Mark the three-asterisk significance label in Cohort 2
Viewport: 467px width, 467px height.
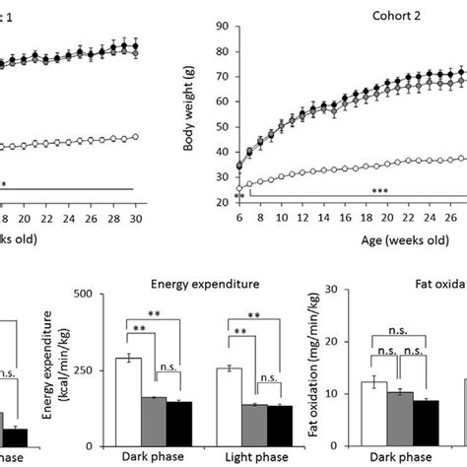379,189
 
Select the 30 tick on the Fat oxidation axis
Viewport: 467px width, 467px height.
345,291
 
